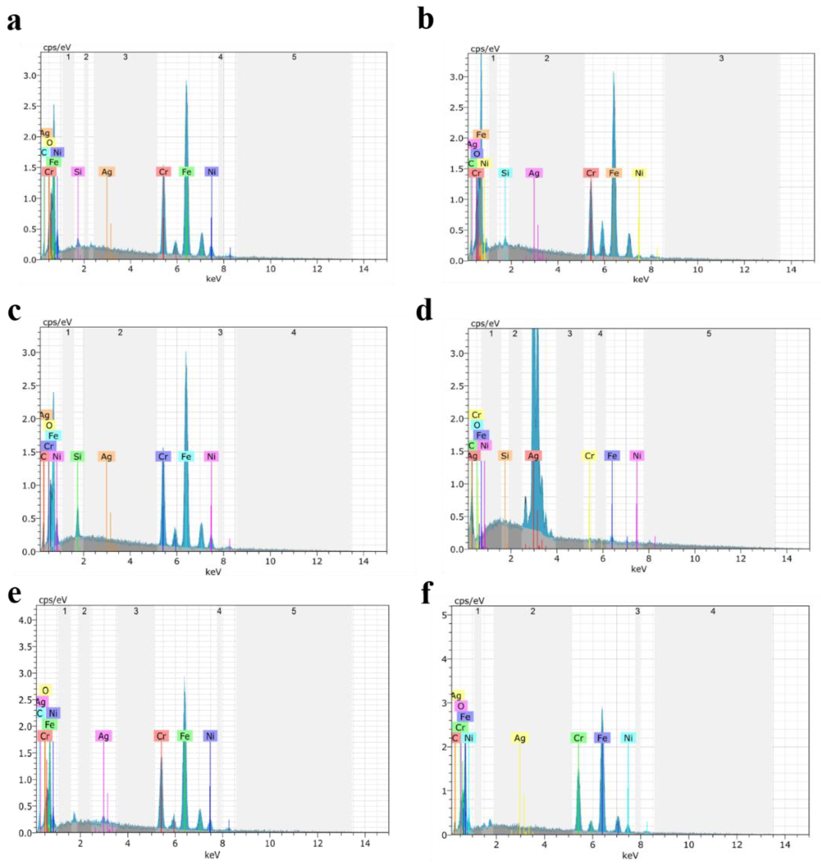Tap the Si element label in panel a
coord(78,172)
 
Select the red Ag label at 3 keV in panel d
coord(533,456)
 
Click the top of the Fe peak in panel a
coord(186,81)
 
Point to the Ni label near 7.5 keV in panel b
coord(639,173)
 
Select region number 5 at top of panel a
coord(294,57)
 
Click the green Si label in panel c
coord(77,457)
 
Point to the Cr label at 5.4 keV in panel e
coord(161,736)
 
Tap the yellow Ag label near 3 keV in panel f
coord(519,738)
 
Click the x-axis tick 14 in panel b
coord(791,269)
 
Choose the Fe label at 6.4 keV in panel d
coord(612,456)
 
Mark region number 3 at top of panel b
coord(721,58)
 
